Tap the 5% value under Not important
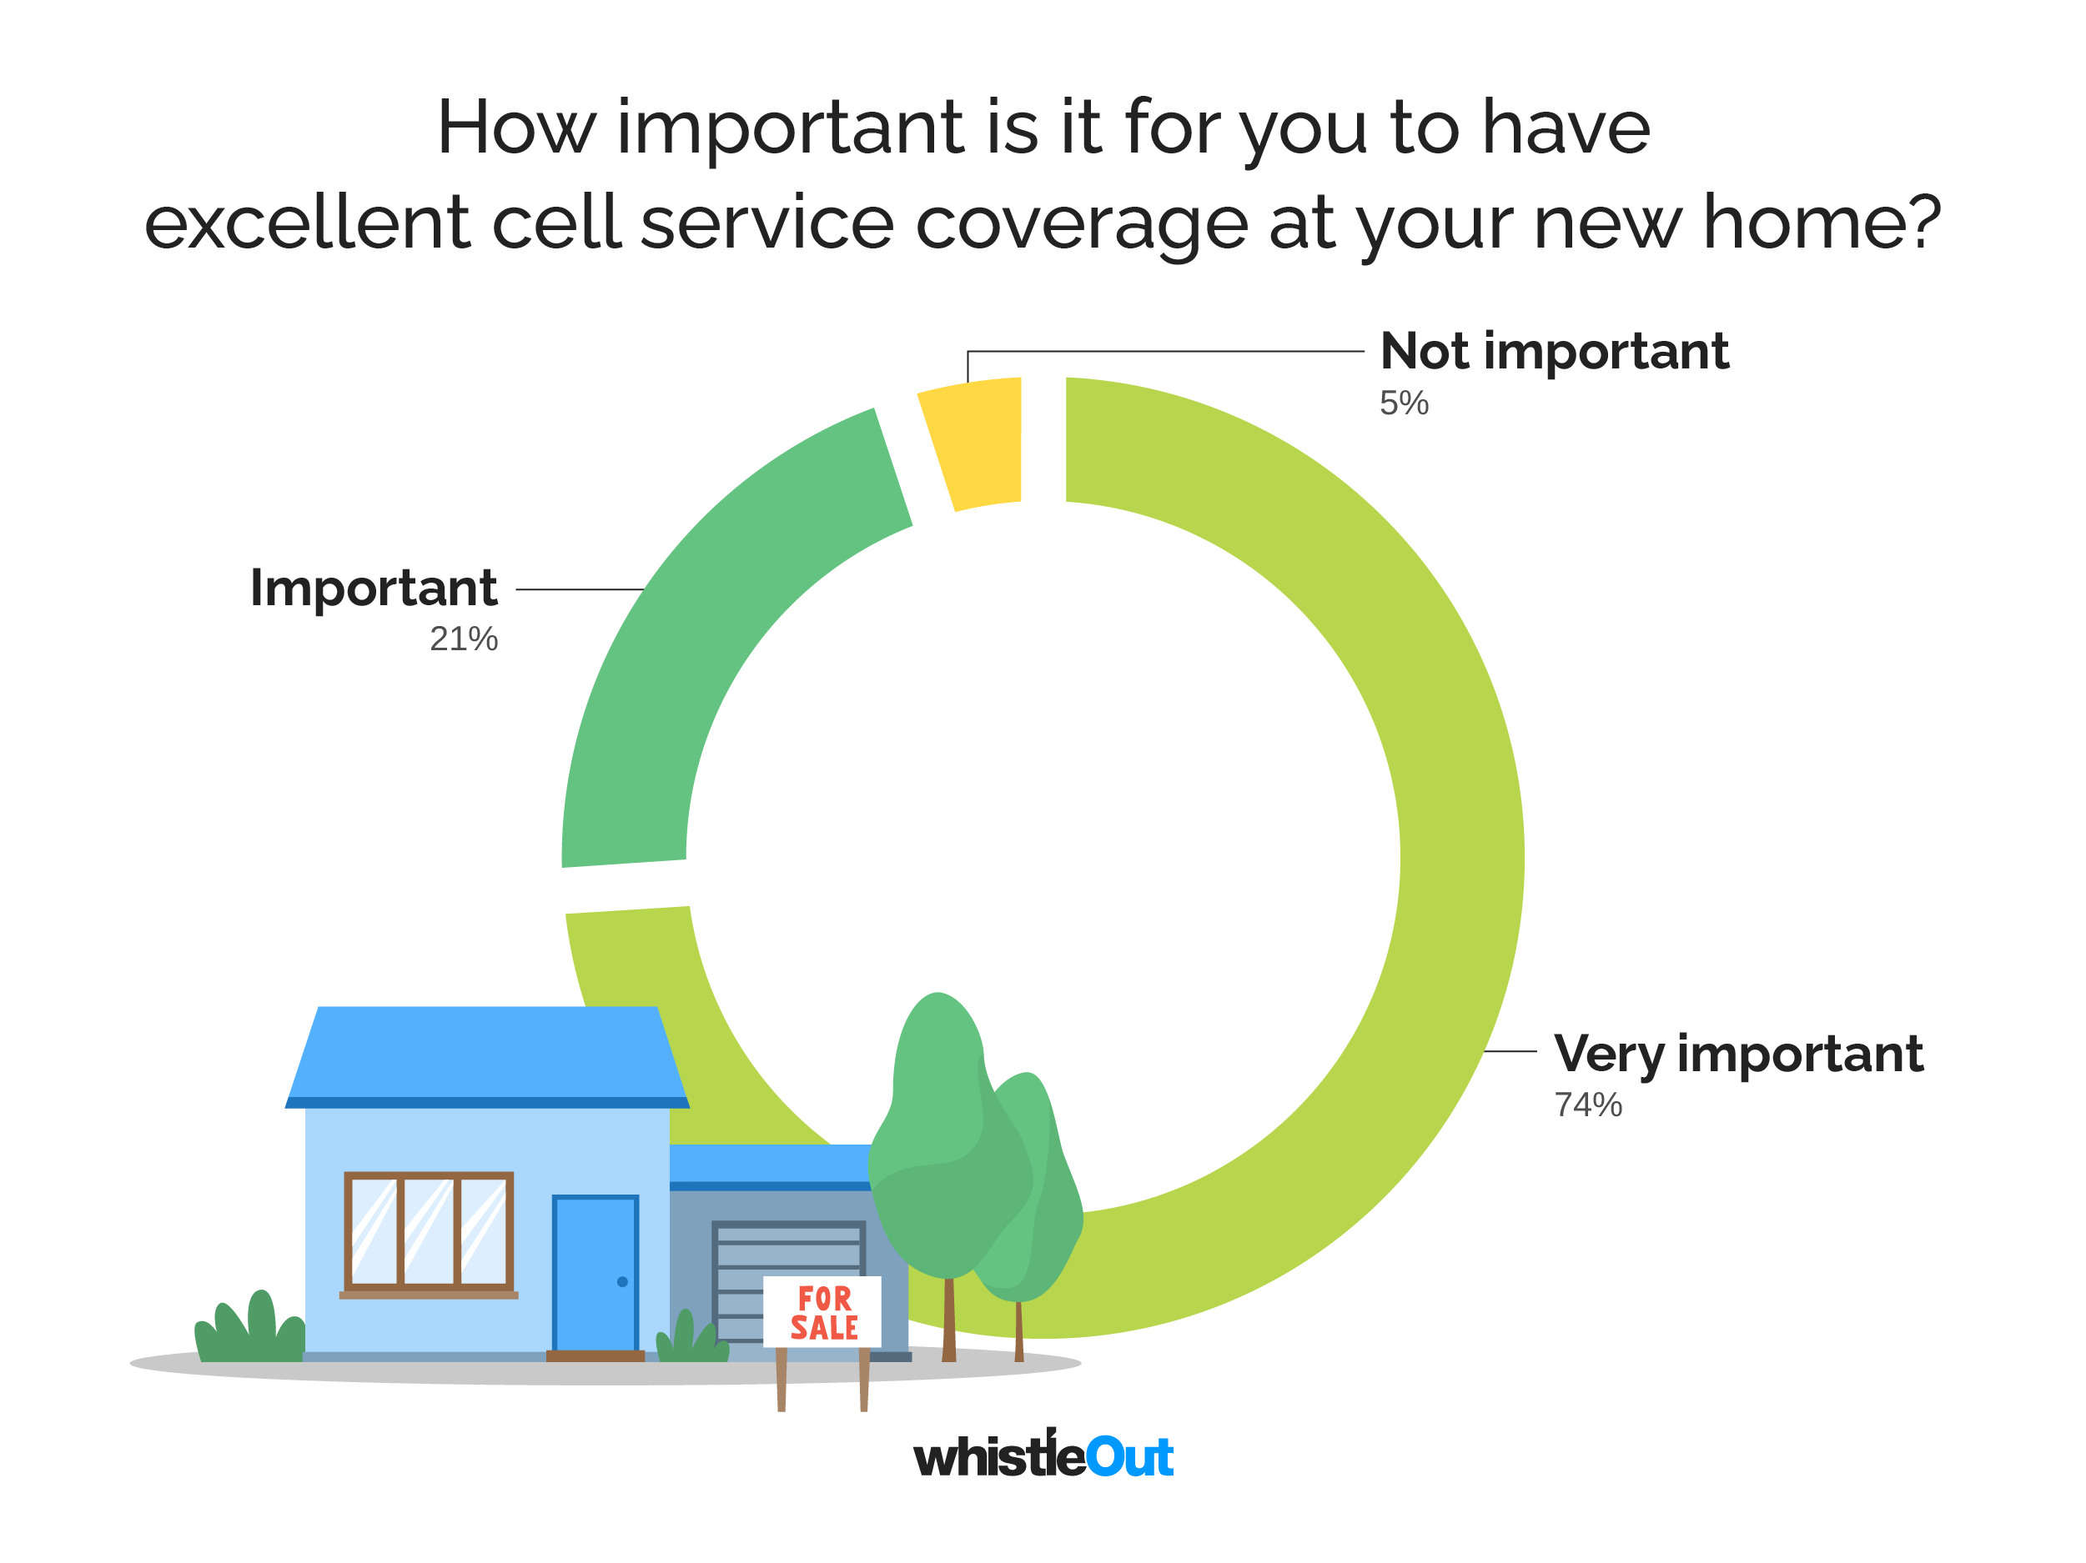pos(1403,403)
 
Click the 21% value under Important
pos(463,639)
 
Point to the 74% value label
pos(1588,1105)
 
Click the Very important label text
pos(1737,1054)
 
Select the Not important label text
pos(1553,352)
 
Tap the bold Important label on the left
pos(374,589)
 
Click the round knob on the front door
pos(622,1282)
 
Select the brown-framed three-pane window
pos(428,1232)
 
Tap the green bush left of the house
pos(251,1330)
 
